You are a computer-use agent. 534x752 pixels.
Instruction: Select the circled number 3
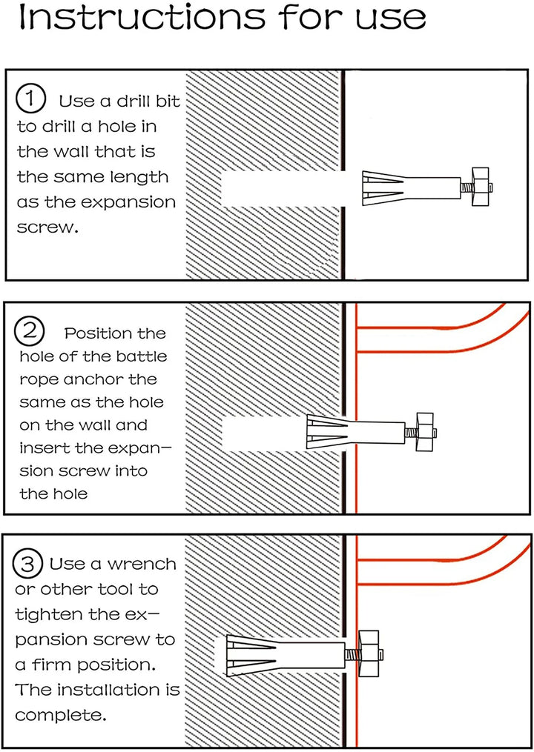tap(28, 565)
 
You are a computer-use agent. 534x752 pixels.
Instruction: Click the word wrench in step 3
tap(143, 565)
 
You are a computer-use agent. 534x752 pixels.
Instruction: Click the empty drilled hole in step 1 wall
tap(282, 187)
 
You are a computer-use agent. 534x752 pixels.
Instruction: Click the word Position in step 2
tap(115, 333)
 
